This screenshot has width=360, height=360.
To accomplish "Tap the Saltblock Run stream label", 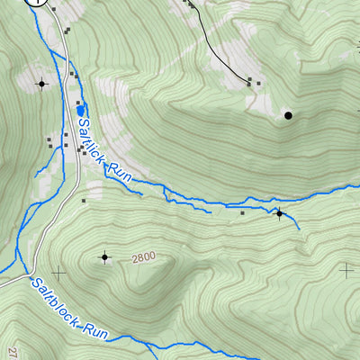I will tap(69, 309).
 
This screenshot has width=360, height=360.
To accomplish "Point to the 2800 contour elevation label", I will tap(143, 257).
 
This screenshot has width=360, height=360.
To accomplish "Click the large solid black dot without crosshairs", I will tap(288, 115).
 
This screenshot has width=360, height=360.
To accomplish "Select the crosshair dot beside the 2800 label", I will tap(105, 257).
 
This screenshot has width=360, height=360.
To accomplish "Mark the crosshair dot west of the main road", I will tap(41, 84).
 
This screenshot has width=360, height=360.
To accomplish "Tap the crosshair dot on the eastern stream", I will tap(279, 213).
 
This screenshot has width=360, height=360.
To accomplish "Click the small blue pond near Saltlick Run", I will tap(80, 109).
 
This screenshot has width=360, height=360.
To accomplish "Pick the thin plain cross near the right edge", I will tap(347, 268).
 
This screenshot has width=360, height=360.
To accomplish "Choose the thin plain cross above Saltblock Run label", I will tap(59, 271).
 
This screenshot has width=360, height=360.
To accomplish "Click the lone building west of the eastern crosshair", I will tap(242, 213).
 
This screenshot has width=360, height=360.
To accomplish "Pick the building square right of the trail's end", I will tap(259, 84).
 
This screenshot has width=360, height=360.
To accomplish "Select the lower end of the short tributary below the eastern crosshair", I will tap(299, 229).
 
